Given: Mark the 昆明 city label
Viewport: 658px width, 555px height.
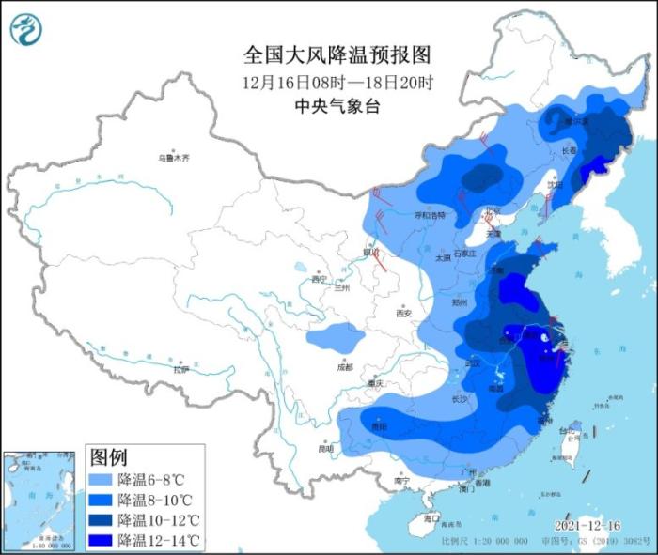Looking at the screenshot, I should click(325, 448).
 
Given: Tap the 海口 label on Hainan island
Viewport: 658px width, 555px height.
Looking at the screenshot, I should click(431, 517).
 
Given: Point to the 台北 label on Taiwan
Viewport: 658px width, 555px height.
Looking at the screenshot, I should click(567, 432).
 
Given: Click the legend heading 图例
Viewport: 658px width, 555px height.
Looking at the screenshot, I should click(108, 457).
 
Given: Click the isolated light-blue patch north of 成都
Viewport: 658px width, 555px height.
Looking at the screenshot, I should click(335, 334).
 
